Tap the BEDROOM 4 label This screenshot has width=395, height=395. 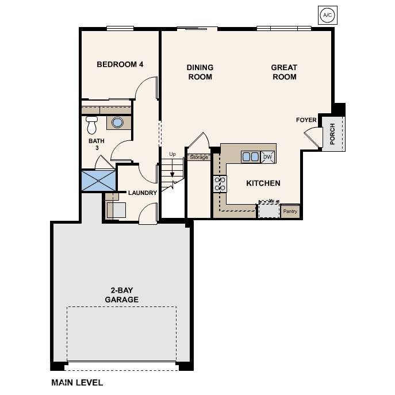120,64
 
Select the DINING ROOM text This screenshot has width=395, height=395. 200,72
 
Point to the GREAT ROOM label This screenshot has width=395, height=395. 284,72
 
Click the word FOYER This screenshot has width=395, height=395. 306,120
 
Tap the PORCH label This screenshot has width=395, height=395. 333,133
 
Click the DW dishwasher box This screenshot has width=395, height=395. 267,156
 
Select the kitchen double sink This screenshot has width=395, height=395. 250,156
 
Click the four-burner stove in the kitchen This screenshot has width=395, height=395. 220,184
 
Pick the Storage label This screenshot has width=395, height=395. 199,157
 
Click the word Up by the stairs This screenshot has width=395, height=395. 172,154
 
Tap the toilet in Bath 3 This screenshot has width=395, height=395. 91,124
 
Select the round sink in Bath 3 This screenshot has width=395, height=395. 117,122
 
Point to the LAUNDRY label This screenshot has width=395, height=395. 143,193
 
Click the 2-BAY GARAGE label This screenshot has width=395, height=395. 121,295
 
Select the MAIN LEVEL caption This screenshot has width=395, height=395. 77,382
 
